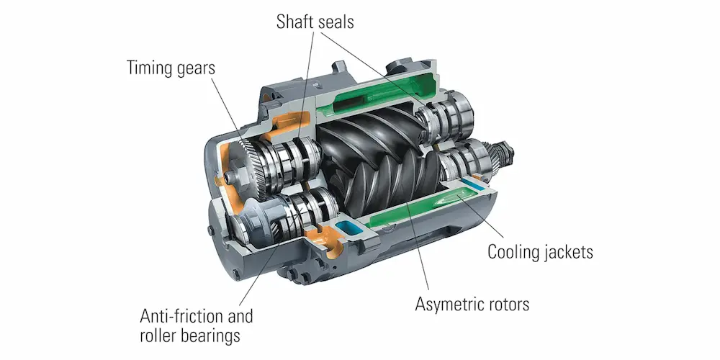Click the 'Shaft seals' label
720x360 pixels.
click(315, 22)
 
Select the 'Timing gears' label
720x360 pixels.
click(171, 68)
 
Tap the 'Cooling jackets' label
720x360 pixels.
click(540, 253)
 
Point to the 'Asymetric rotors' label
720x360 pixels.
click(472, 303)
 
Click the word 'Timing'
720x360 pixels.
click(148, 68)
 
